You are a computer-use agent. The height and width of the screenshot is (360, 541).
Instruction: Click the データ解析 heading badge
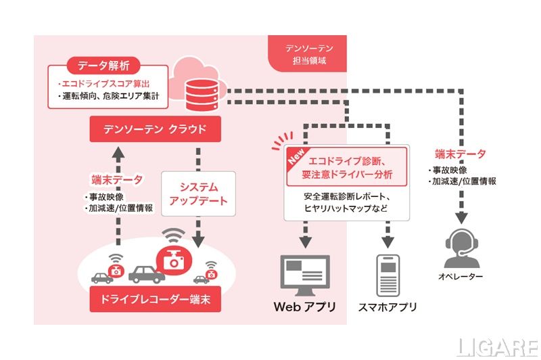point(103,66)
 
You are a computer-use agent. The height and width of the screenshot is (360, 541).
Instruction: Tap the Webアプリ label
point(304,307)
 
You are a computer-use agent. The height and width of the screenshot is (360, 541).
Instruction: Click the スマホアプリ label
point(388,307)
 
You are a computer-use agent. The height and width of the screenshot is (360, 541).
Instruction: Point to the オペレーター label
point(463,277)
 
